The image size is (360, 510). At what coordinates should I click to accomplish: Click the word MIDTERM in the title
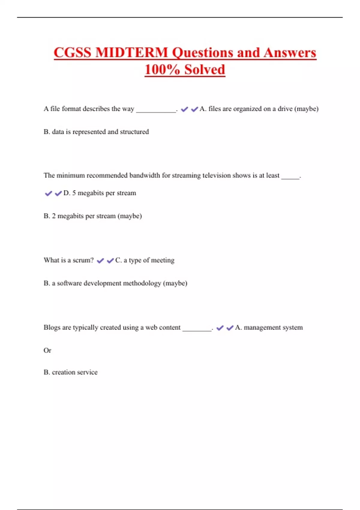tap(132, 52)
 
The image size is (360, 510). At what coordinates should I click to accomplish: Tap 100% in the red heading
tap(162, 70)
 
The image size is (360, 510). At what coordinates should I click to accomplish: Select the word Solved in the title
tap(205, 70)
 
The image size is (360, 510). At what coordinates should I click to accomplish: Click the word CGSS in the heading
tap(73, 52)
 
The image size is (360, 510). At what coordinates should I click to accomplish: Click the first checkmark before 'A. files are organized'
tap(184, 109)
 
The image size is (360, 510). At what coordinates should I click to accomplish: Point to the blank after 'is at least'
tap(290, 177)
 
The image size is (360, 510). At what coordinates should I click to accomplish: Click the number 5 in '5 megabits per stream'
tap(74, 193)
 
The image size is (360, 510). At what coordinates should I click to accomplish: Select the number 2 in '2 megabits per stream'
tap(54, 216)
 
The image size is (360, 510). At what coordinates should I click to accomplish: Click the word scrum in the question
tap(82, 260)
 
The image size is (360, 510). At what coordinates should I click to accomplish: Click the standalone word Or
tap(47, 350)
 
